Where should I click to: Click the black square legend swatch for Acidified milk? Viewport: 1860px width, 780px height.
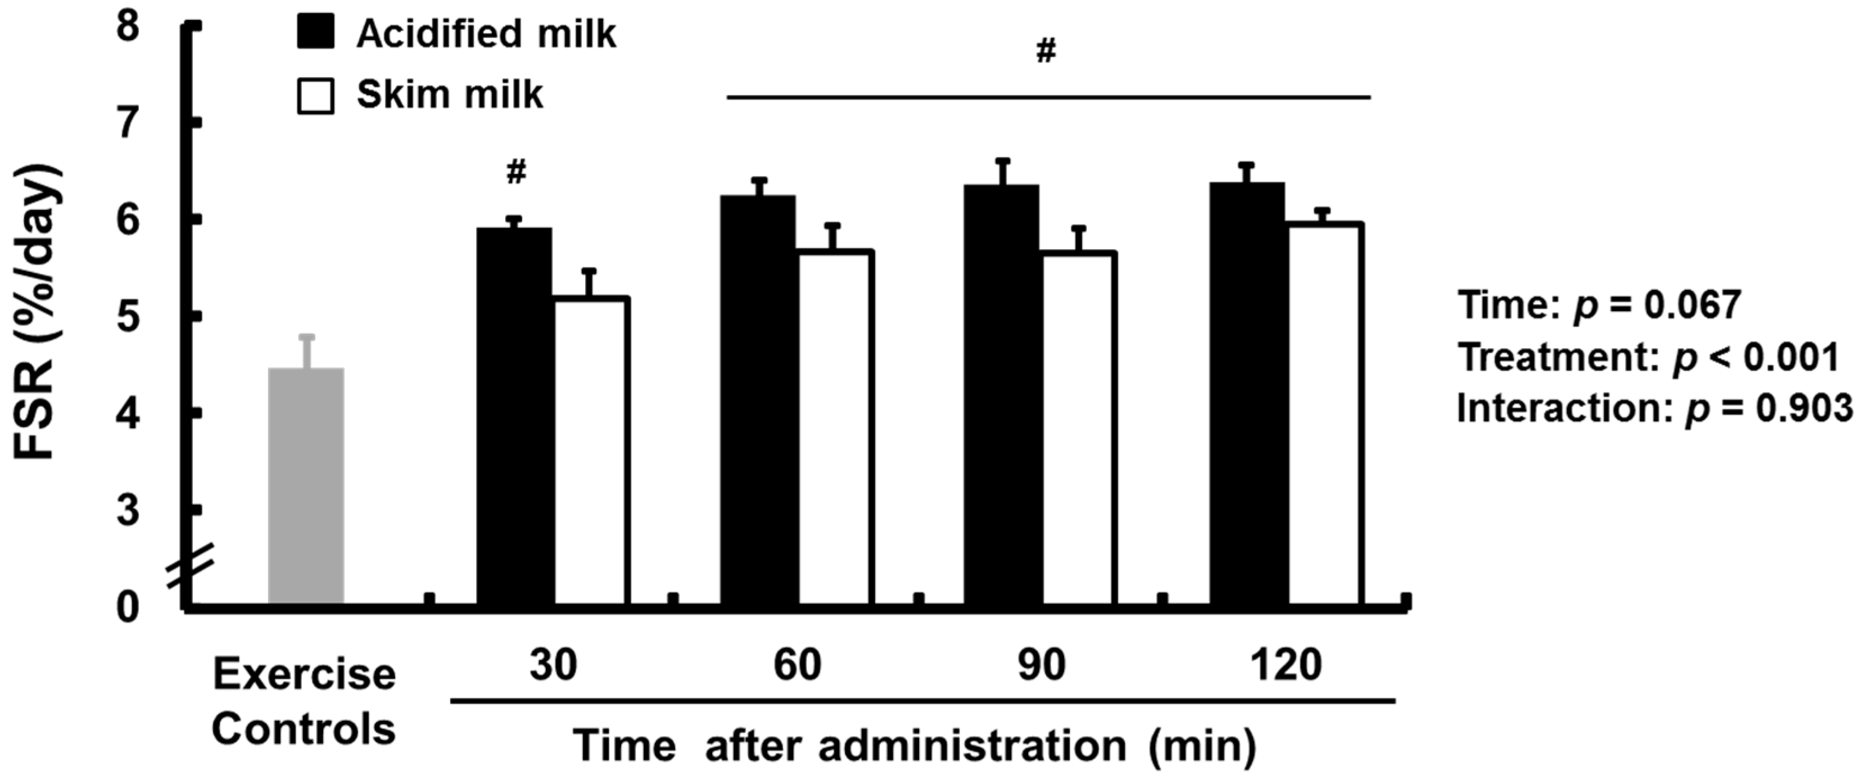[x=315, y=33]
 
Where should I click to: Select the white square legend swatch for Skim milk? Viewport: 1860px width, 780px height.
[x=315, y=96]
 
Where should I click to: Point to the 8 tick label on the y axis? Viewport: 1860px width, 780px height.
[x=129, y=29]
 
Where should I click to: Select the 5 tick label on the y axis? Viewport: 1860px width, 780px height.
[x=129, y=317]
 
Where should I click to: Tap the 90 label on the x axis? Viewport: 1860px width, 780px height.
[x=1040, y=665]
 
